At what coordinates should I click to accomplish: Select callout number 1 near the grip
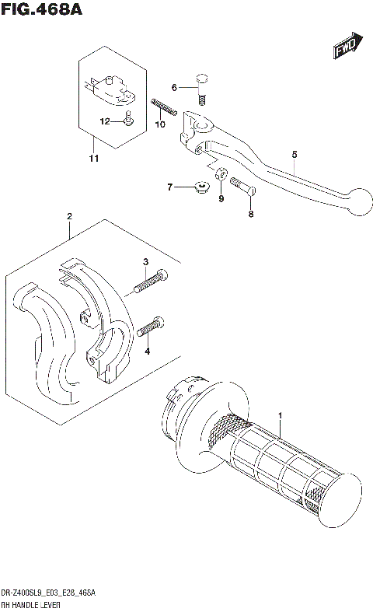(x=281, y=416)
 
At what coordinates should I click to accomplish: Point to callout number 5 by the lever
(x=295, y=154)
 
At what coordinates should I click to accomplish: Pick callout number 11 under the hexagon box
(x=94, y=159)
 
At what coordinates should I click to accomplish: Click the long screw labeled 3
(x=150, y=280)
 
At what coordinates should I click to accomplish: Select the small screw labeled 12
(x=128, y=118)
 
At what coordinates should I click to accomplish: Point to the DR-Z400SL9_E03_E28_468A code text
(x=49, y=593)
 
